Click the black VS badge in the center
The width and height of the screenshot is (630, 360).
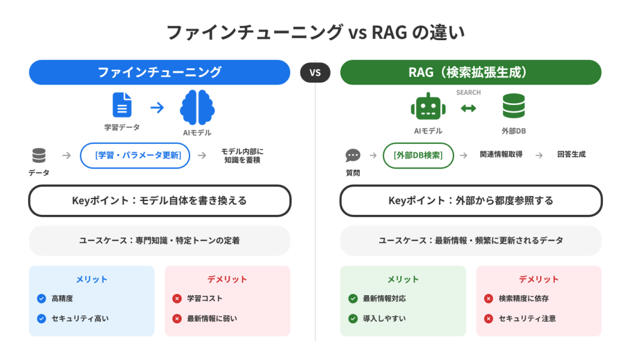click(x=315, y=73)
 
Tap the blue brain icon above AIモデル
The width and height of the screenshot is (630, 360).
click(x=197, y=107)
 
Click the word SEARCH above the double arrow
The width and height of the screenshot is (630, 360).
click(x=469, y=92)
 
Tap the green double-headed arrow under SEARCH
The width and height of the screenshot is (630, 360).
click(x=469, y=108)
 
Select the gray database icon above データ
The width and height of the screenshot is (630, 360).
click(x=39, y=156)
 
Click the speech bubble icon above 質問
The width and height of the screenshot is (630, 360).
click(x=353, y=156)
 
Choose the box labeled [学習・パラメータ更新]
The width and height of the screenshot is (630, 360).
click(x=135, y=155)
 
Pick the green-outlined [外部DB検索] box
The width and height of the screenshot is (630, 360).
click(x=418, y=155)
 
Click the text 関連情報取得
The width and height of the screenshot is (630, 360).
click(x=501, y=155)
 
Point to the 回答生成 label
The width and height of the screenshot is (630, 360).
click(x=571, y=155)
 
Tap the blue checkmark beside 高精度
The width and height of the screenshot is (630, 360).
click(x=41, y=298)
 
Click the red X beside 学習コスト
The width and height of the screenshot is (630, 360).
click(x=177, y=298)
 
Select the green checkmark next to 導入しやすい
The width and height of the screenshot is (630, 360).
click(x=353, y=319)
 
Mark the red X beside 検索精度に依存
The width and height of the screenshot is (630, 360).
click(x=488, y=298)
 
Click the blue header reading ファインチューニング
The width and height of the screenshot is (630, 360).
click(x=160, y=73)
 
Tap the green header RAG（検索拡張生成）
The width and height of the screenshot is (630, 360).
click(x=470, y=73)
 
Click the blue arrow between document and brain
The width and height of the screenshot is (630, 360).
click(x=157, y=107)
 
